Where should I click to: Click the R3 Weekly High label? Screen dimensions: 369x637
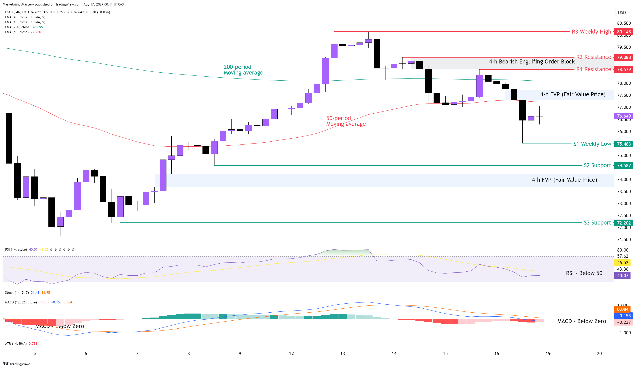(x=591, y=32)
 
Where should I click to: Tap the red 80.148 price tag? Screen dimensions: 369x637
(x=624, y=32)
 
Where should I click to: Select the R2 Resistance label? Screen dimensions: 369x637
(x=593, y=57)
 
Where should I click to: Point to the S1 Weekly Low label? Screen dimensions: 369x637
(x=592, y=144)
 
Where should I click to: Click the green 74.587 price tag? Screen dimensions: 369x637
(x=624, y=166)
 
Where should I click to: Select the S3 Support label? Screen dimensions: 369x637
(x=597, y=223)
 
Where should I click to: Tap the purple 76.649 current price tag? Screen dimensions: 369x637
(x=624, y=116)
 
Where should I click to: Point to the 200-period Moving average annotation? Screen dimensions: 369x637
(x=243, y=70)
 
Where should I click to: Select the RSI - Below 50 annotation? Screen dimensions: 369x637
(x=584, y=273)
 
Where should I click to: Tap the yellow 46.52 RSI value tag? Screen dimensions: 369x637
(x=622, y=263)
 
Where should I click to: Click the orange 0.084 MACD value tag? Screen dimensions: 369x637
(x=622, y=309)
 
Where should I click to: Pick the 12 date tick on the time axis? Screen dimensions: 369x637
(x=291, y=354)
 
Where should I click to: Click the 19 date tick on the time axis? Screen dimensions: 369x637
(x=548, y=354)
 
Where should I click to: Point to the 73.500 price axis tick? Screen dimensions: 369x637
(x=624, y=192)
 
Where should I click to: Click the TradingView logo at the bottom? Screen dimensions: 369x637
(x=16, y=364)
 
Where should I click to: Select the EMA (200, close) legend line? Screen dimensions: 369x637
(x=24, y=27)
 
